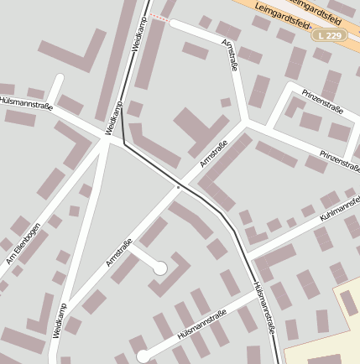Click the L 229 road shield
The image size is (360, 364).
click(330, 35)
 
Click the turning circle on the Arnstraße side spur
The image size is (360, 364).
click(159, 268)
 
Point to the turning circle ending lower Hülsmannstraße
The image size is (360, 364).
click(143, 356)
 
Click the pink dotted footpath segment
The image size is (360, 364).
click(160, 18)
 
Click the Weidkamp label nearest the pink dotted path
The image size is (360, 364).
click(138, 33)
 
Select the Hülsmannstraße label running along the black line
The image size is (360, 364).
click(263, 308)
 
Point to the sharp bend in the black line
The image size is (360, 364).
click(124, 143)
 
